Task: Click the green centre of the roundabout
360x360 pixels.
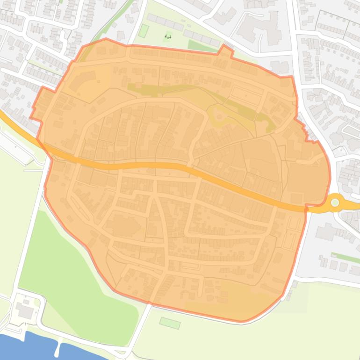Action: [335, 202]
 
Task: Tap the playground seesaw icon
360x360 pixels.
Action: [168, 36]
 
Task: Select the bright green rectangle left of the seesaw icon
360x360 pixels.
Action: [144, 31]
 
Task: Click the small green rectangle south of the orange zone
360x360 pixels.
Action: [170, 323]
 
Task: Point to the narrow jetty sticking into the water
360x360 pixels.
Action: [57, 348]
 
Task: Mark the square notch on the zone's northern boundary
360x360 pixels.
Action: [226, 50]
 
